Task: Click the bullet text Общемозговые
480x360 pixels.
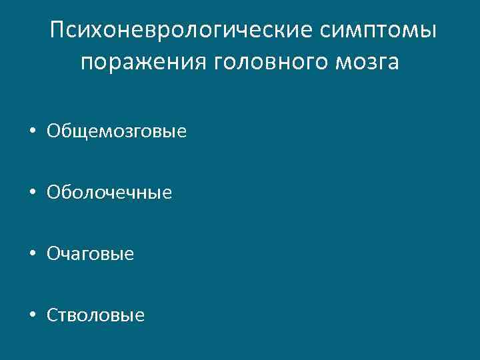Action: pos(117,131)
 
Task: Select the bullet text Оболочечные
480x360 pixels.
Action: pos(109,193)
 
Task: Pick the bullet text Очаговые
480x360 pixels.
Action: pos(91,253)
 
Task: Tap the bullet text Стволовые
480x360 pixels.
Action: pos(95,315)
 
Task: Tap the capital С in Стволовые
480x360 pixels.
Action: pos(52,315)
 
